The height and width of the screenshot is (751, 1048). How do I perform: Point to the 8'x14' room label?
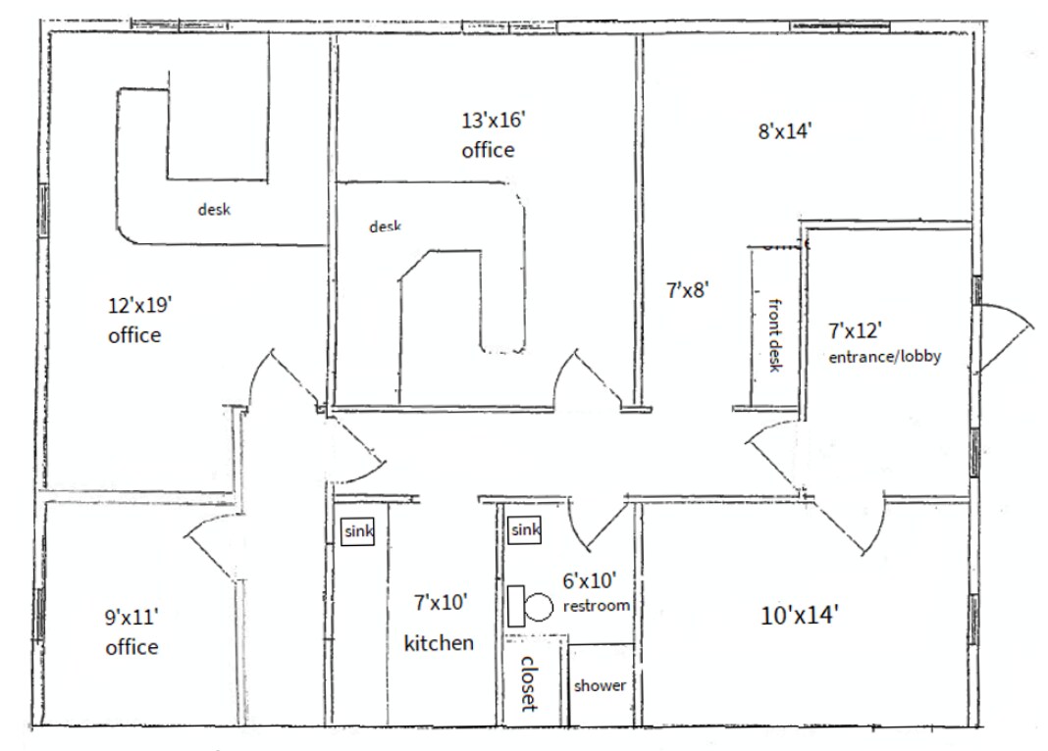(x=783, y=130)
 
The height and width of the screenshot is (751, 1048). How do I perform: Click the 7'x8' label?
(x=687, y=289)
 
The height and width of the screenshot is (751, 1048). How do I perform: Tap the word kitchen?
(x=439, y=643)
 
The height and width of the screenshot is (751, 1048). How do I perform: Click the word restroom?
(x=597, y=606)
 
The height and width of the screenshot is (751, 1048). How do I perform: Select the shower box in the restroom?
(x=599, y=685)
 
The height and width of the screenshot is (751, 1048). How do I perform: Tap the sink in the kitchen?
(x=358, y=531)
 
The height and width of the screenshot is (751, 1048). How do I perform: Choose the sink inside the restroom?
(x=525, y=530)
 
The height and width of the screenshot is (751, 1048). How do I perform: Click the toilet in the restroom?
(x=531, y=606)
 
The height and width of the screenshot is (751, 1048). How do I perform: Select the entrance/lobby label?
(x=884, y=357)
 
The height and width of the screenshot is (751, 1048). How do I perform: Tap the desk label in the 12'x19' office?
(x=214, y=209)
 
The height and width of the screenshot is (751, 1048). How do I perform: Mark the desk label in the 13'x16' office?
(x=385, y=226)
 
